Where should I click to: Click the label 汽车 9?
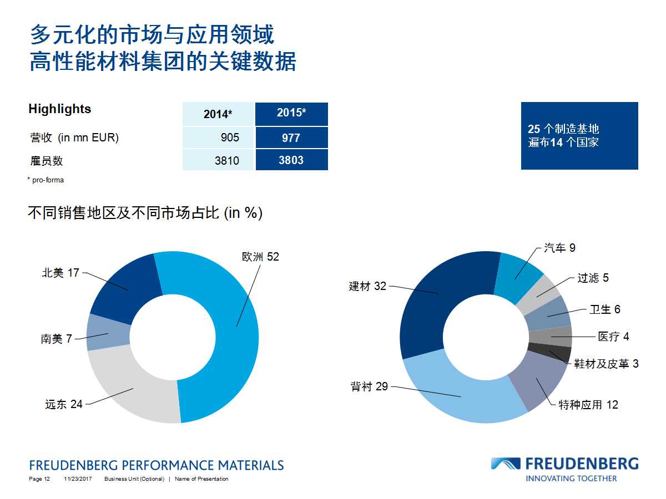coord(559,248)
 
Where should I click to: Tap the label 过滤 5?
coord(593,278)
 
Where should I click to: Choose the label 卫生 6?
coord(605,309)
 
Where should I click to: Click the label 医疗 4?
coord(613,337)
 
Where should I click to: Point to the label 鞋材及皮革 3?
coord(607,364)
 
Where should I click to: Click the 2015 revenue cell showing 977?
coord(291,138)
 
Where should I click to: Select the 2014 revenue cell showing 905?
coord(218,138)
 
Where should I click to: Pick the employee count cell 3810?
coord(218,160)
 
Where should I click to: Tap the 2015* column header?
coord(291,114)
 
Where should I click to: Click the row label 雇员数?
coord(46,161)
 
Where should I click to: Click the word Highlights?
coord(59,109)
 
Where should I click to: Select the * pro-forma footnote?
coord(45,180)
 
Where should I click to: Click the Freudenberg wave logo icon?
coord(505,464)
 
